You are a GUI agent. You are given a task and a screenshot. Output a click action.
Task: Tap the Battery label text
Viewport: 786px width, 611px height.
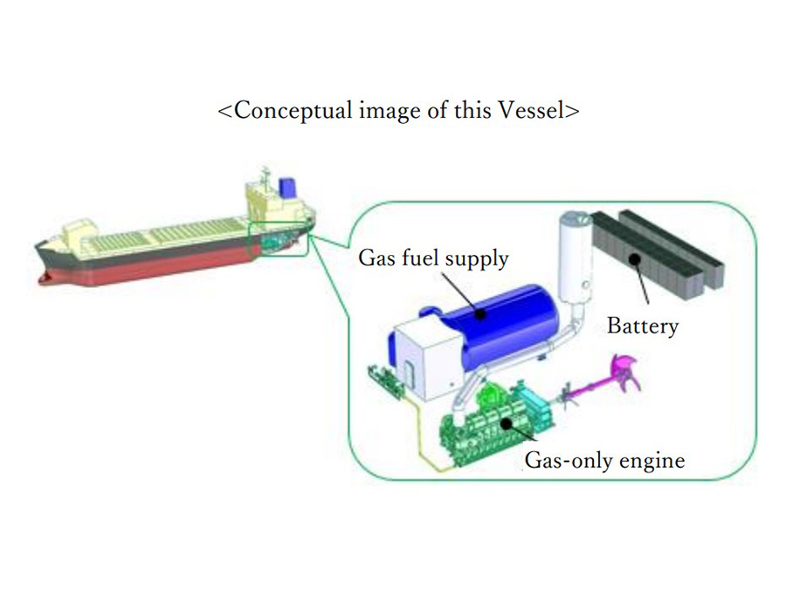click(x=643, y=326)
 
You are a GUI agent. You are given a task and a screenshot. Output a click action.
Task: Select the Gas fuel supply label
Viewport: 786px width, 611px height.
click(x=433, y=258)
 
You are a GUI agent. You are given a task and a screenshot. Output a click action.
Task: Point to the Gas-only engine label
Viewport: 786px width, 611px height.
click(x=604, y=460)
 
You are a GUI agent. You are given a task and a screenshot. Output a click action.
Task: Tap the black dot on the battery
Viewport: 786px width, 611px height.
click(x=635, y=259)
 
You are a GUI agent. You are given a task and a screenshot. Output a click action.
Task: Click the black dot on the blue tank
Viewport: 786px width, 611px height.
click(x=480, y=314)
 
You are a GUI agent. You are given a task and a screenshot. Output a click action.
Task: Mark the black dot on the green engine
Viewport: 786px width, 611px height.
click(x=507, y=424)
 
